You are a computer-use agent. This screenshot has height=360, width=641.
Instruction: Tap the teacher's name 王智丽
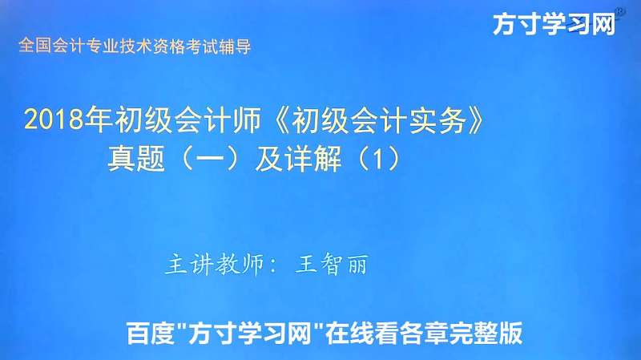coord(332,264)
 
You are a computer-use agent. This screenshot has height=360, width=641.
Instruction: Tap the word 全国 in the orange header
coord(30,47)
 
